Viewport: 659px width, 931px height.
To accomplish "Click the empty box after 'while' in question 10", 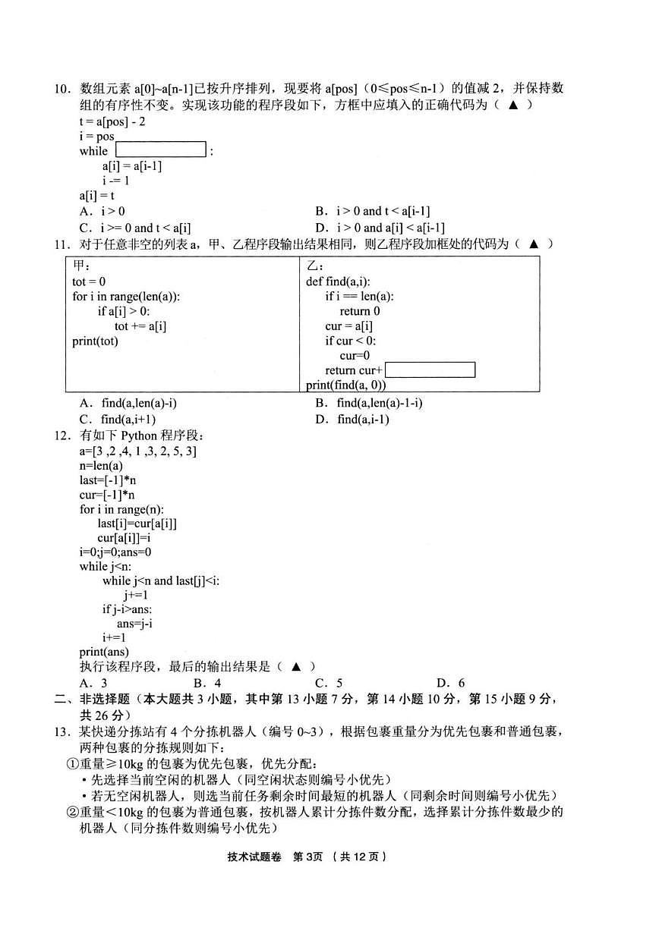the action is click(160, 149).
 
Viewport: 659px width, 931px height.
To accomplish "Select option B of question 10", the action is click(373, 211).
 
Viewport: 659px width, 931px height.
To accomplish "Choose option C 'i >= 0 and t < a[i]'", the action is click(135, 228).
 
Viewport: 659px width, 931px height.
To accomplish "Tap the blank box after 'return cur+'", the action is click(430, 370).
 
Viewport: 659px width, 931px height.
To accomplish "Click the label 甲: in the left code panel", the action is click(81, 266).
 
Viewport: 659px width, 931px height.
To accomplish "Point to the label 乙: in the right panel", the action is click(315, 266).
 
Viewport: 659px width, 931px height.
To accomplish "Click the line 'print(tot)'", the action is click(95, 341).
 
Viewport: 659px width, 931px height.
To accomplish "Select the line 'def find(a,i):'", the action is click(338, 282).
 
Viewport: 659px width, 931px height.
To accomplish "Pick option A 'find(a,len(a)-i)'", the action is click(128, 403).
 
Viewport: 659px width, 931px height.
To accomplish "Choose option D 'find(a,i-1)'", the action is click(352, 419).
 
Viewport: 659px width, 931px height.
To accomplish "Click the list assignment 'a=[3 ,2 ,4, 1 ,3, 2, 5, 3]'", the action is click(138, 451).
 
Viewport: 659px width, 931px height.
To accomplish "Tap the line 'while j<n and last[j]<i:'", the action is click(161, 580).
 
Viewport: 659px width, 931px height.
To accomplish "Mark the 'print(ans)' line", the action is click(104, 652).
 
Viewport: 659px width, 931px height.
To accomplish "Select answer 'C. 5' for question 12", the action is click(329, 683).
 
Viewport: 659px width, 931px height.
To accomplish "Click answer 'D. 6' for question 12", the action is click(451, 683).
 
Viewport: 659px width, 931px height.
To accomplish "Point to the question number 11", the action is click(62, 244).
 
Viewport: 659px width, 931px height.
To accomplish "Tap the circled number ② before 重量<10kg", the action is click(72, 812).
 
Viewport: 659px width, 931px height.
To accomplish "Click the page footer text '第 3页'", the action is click(307, 857).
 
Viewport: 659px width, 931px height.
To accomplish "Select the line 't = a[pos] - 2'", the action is click(112, 121).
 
